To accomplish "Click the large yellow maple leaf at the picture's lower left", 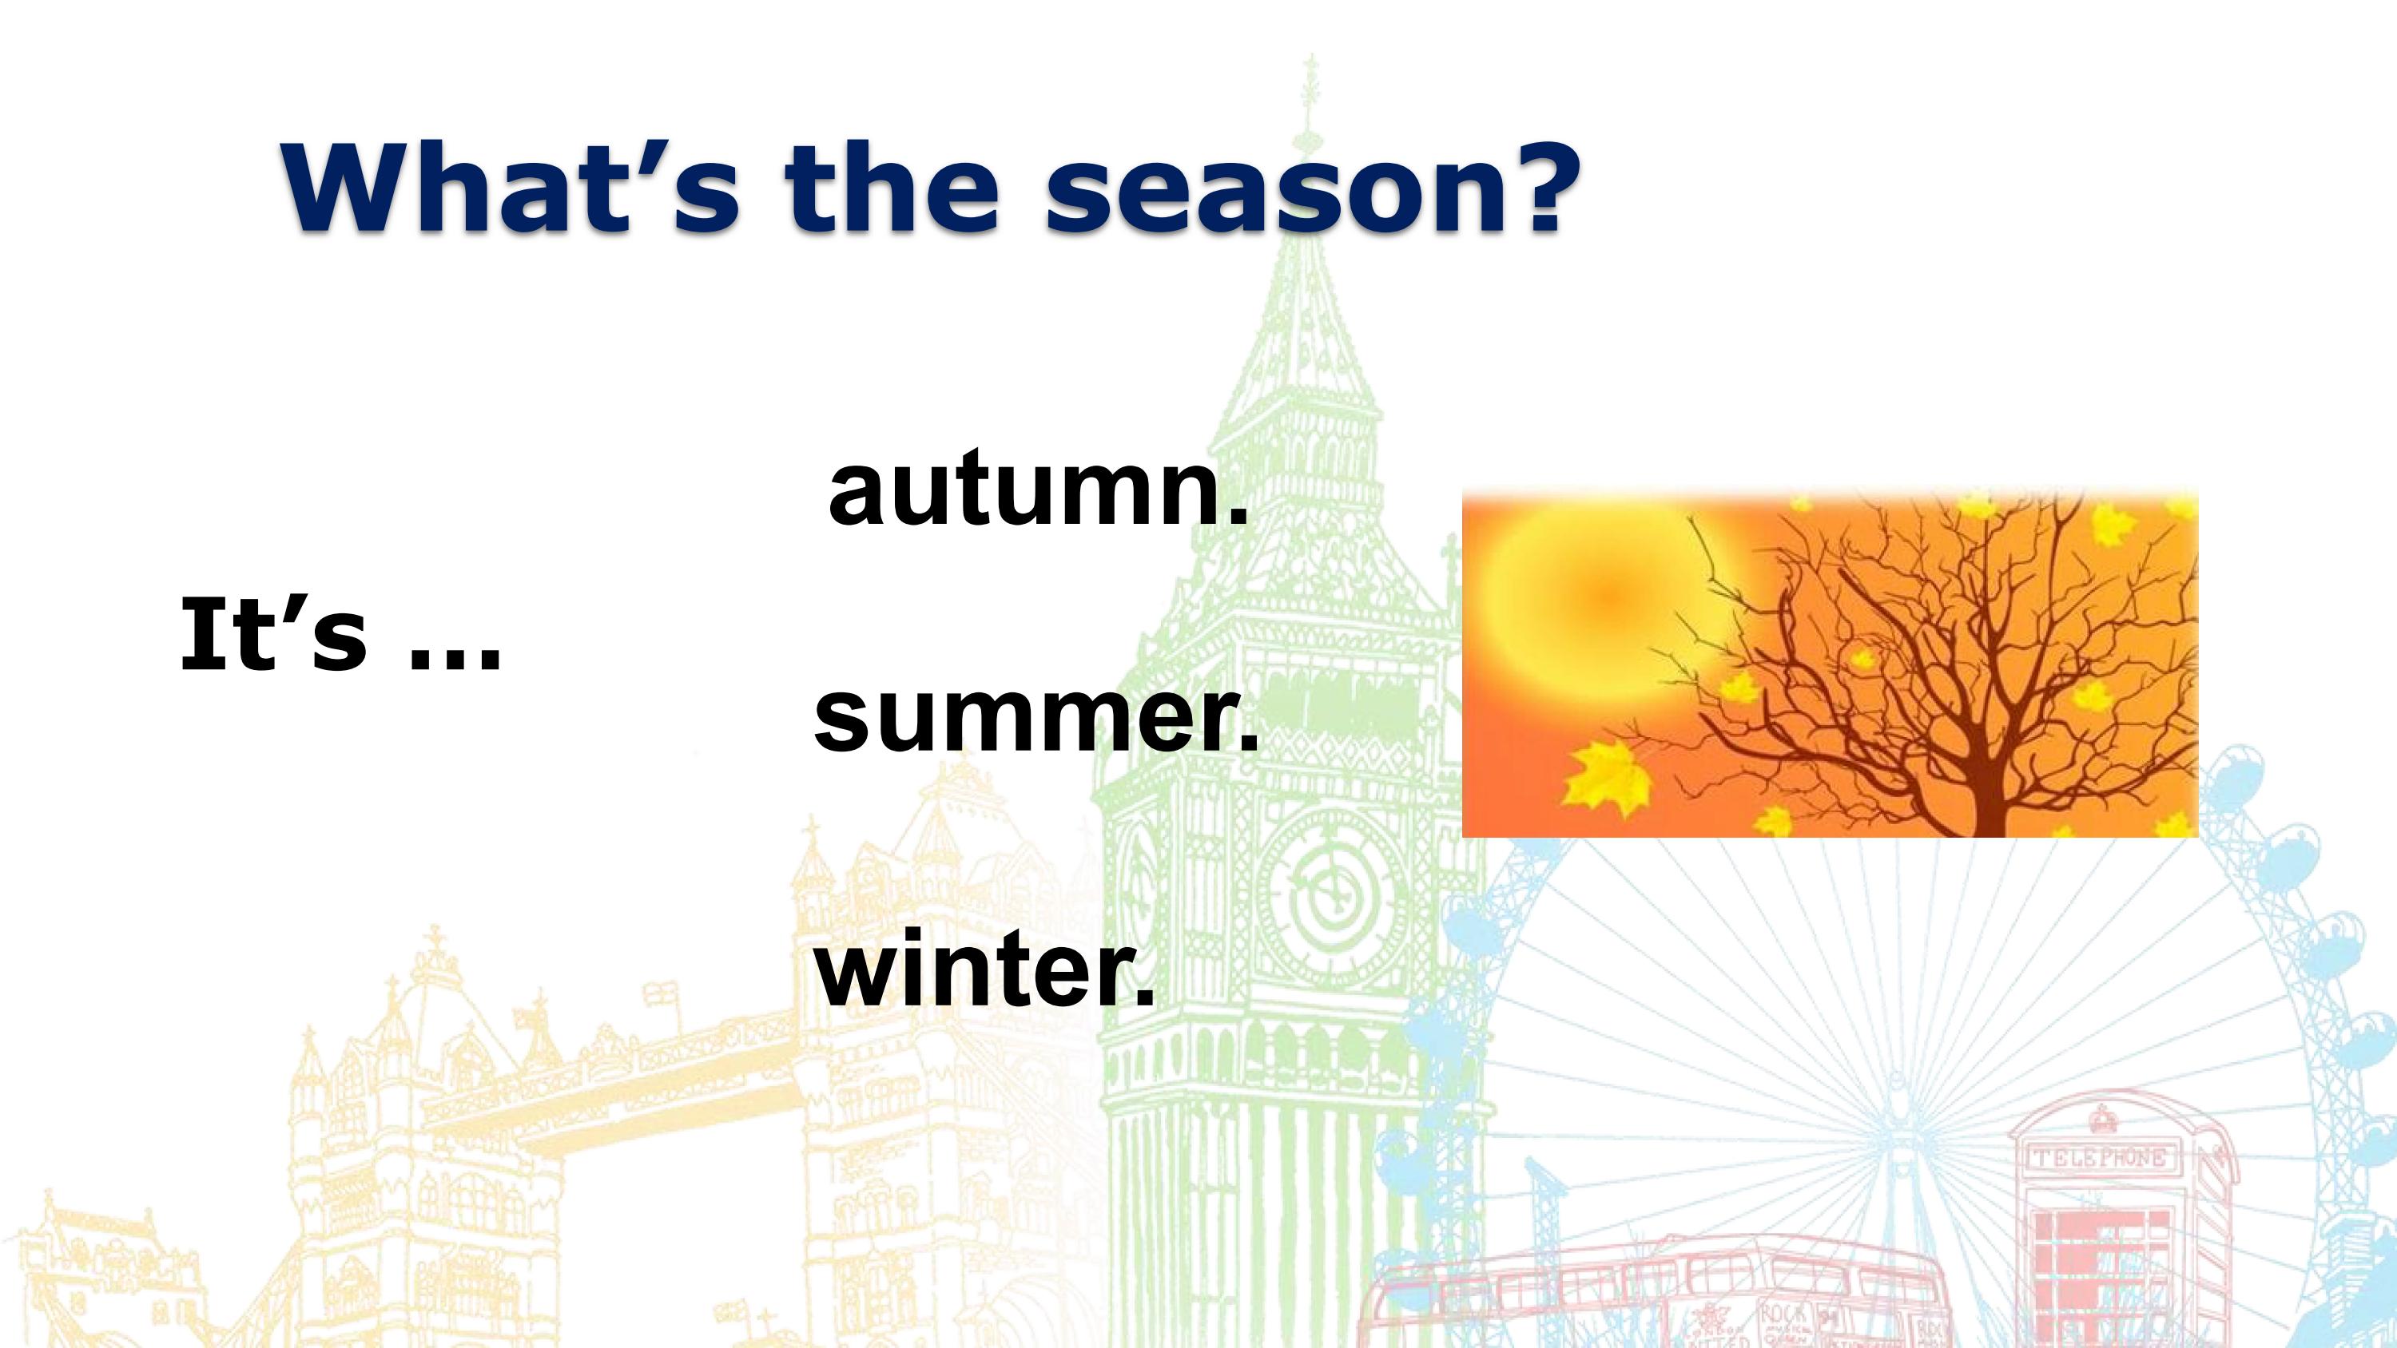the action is [1607, 778].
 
